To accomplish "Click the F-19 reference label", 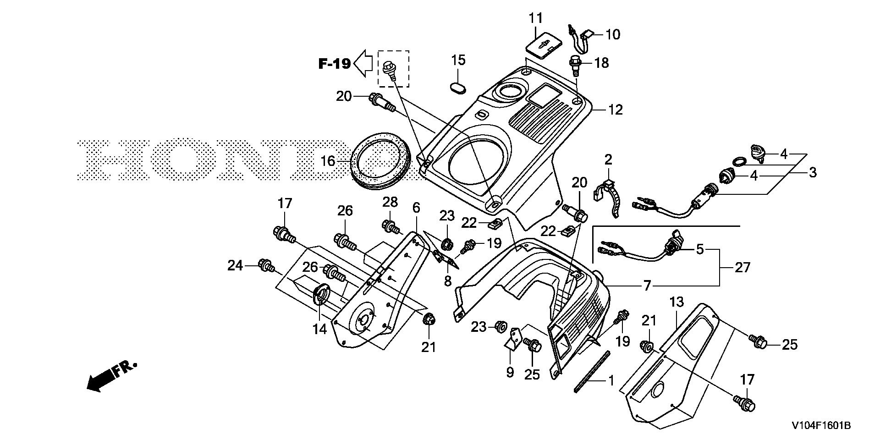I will point(335,64).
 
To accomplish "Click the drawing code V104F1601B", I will point(820,426).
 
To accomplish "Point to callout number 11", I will point(535,18).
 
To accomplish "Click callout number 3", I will point(812,173).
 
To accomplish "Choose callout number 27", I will point(742,267).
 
